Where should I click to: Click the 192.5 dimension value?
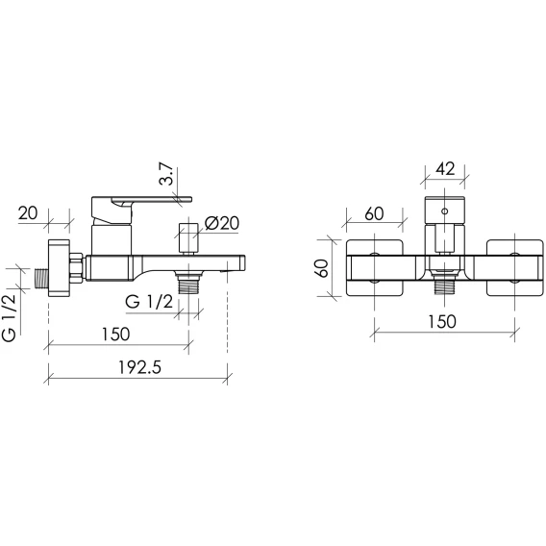click(x=140, y=367)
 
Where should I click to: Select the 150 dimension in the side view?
click(x=115, y=334)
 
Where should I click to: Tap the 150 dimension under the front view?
click(x=441, y=321)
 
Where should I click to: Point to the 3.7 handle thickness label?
click(x=166, y=174)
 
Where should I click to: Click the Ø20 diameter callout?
click(x=222, y=223)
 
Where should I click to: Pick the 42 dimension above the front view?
click(x=445, y=169)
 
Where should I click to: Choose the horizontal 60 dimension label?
click(x=374, y=213)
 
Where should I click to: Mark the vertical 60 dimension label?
click(x=324, y=268)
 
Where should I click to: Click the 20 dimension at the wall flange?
click(x=28, y=212)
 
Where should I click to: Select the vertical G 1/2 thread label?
click(x=9, y=317)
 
